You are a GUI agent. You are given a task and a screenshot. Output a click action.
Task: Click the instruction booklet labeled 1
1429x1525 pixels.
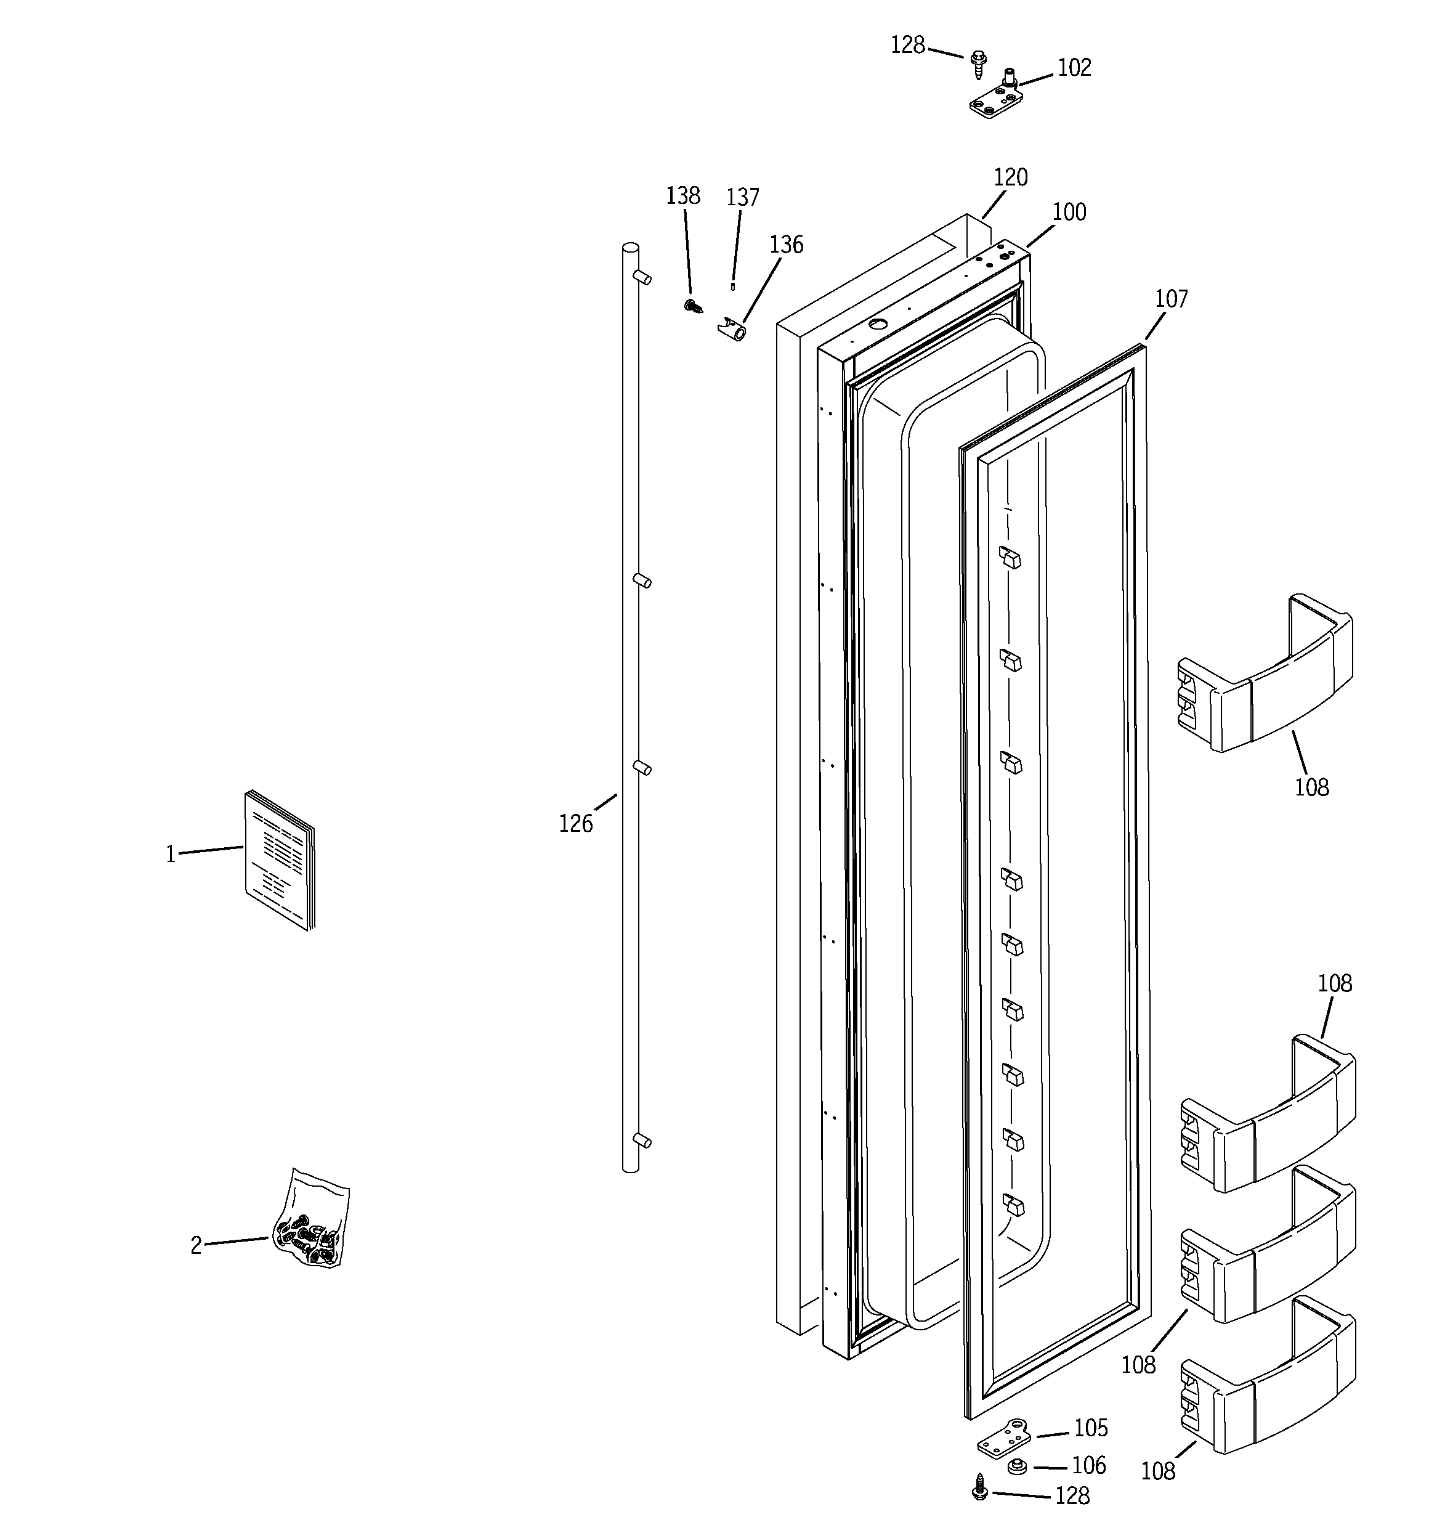point(279,860)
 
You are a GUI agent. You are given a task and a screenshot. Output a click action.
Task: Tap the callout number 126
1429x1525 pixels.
point(575,824)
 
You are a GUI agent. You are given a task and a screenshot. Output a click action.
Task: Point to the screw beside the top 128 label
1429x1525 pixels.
point(978,65)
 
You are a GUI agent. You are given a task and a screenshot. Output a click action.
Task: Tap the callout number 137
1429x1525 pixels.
point(742,198)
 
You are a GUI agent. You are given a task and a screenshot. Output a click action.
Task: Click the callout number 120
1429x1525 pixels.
point(1010,178)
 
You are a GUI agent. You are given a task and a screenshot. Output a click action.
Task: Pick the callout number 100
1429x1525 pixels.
point(1069,212)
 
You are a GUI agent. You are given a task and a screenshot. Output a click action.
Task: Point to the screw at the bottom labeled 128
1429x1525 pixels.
point(979,1487)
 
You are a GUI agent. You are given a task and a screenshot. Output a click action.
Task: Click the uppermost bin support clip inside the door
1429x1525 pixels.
point(1010,557)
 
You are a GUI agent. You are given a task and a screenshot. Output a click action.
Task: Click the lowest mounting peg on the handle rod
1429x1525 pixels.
point(643,1141)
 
